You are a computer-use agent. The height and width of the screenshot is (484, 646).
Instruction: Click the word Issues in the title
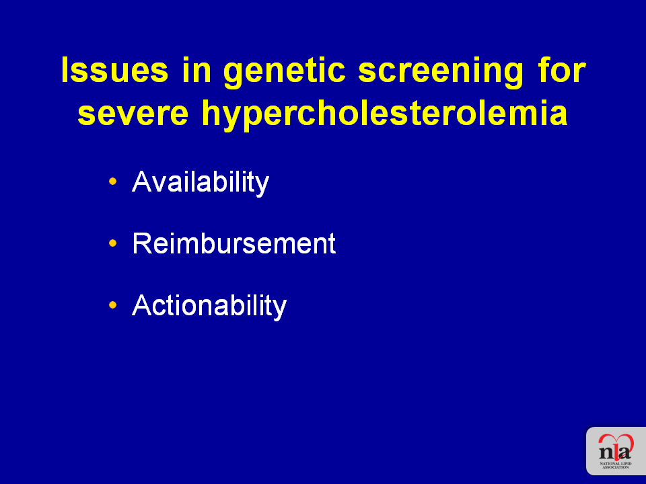click(x=114, y=70)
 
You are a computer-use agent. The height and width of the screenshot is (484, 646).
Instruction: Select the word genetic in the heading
click(x=284, y=73)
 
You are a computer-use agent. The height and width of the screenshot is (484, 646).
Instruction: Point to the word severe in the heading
click(x=133, y=114)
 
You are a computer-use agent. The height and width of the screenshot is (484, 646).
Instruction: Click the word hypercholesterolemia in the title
click(x=385, y=115)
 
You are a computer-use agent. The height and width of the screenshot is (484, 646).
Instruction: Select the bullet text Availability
click(x=201, y=183)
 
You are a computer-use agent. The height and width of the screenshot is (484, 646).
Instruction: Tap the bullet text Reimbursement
click(x=234, y=243)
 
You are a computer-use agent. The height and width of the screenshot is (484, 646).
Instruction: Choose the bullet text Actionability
click(x=209, y=307)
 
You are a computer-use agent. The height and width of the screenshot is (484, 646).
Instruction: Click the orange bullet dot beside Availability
click(x=113, y=181)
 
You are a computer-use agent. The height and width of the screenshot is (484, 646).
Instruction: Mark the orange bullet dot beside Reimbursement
click(x=113, y=243)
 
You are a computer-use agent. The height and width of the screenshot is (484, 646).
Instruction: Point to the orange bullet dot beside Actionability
click(x=113, y=305)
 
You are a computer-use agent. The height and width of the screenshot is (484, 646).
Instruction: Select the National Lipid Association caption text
click(x=616, y=465)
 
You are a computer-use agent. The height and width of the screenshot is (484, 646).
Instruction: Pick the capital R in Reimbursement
click(x=141, y=243)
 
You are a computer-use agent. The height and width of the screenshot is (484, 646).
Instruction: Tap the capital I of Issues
click(x=65, y=71)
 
